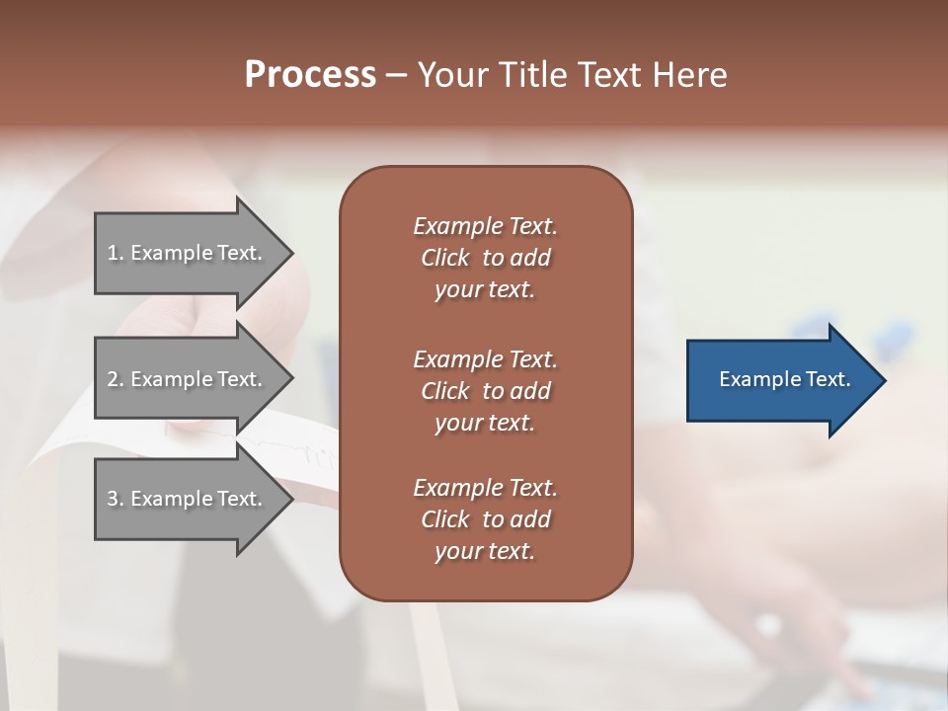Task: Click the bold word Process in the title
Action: click(310, 75)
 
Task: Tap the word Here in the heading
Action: click(689, 75)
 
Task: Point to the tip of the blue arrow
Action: click(884, 380)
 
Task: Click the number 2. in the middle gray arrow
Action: click(116, 379)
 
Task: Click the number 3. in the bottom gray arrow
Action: click(116, 499)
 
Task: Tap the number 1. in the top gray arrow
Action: click(116, 253)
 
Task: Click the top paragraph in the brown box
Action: click(485, 258)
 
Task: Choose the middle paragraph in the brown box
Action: click(485, 391)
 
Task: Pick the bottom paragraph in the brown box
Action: click(485, 519)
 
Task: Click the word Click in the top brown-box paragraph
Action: click(445, 258)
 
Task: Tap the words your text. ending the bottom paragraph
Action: click(485, 551)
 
